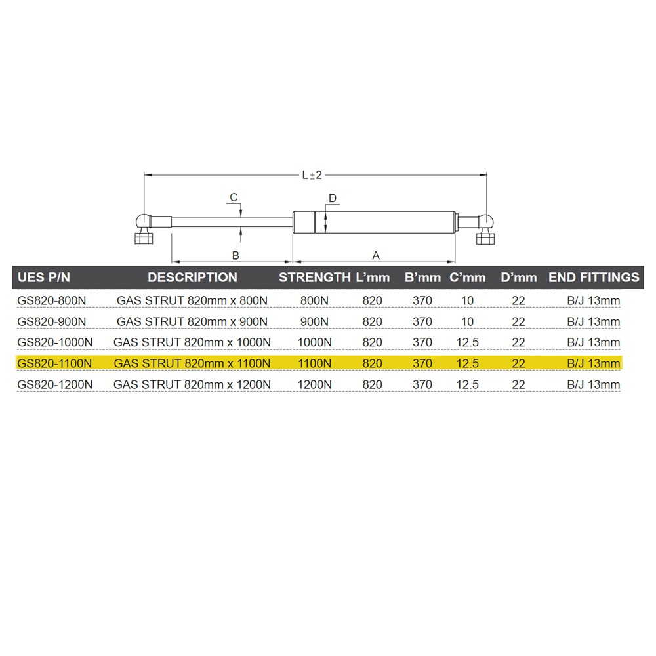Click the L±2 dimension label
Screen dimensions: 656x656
point(312,175)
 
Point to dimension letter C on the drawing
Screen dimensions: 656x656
point(234,197)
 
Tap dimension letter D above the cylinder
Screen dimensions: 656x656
point(333,198)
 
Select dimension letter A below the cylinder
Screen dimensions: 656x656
point(376,255)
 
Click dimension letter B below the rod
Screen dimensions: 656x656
point(236,255)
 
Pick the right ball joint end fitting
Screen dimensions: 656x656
point(485,229)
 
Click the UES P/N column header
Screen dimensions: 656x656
point(44,277)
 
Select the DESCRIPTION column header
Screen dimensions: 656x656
point(192,277)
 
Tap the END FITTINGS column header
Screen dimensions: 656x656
point(594,277)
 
